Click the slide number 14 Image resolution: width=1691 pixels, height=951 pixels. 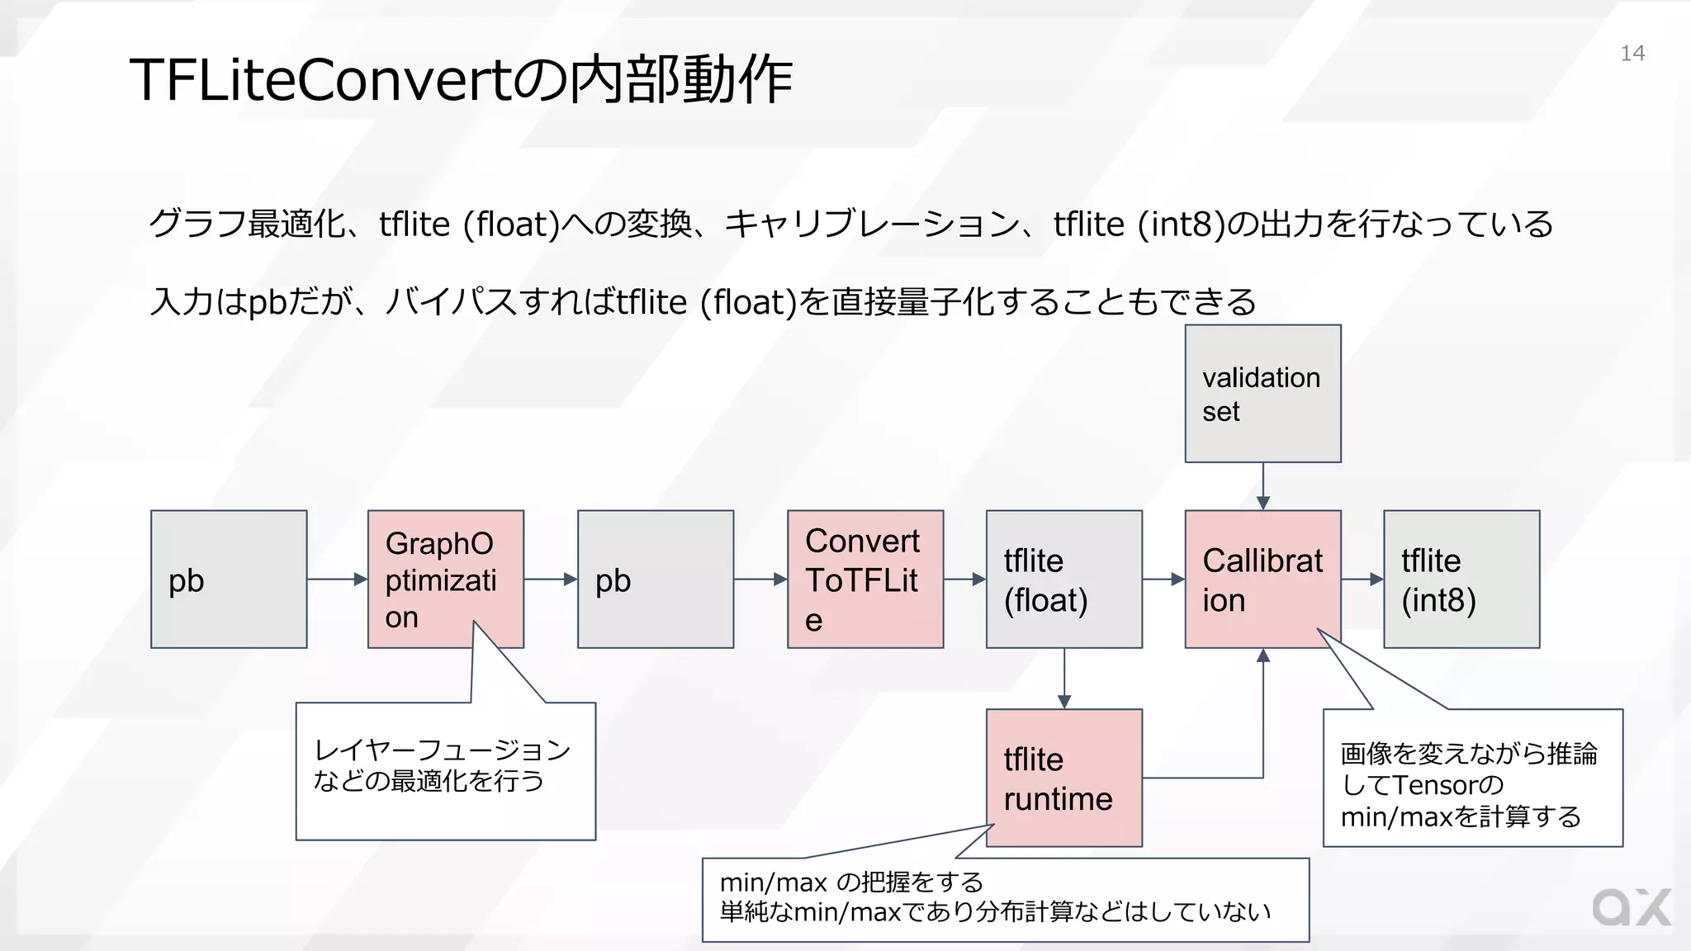point(1632,54)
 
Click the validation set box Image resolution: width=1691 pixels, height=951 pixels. point(1262,394)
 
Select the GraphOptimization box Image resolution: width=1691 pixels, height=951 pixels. point(445,579)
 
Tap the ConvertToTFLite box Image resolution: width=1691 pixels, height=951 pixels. point(864,579)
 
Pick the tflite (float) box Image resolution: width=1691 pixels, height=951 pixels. point(1063,579)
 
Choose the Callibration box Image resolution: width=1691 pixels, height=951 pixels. point(1262,579)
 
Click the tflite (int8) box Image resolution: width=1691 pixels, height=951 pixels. point(1461,579)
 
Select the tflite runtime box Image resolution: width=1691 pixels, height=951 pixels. point(1063,778)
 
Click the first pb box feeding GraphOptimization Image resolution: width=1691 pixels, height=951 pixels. point(229,579)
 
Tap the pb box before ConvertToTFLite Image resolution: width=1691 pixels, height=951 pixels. point(655,579)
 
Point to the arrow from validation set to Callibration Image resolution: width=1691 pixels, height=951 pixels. point(1262,486)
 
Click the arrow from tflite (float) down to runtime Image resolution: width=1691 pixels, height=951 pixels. point(1063,678)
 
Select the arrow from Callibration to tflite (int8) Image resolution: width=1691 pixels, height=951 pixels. point(1362,580)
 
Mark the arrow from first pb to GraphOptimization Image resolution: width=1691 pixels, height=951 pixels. point(337,580)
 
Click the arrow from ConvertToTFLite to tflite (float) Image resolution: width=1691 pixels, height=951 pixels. point(964,580)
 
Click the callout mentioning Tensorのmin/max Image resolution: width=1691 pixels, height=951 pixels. point(1470,784)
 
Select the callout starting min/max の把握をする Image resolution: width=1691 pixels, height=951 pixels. point(995,897)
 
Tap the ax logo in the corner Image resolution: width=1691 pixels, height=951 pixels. point(1631,908)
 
